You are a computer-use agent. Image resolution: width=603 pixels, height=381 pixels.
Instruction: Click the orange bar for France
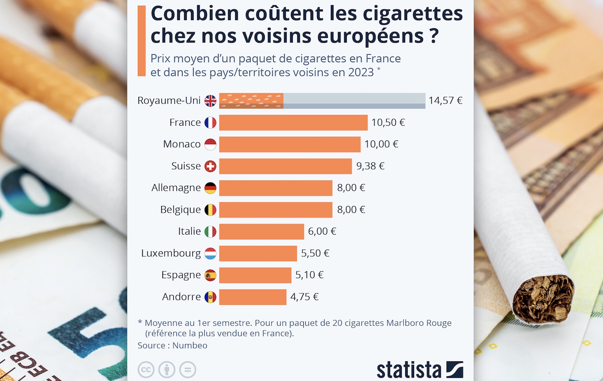(293, 122)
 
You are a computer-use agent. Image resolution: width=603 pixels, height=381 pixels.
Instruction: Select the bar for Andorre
(253, 297)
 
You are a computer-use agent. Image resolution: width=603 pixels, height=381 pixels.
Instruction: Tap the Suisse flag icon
(210, 166)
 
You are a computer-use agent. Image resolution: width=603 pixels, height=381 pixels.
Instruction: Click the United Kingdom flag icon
(210, 101)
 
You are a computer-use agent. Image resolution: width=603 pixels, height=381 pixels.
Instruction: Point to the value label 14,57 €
(445, 101)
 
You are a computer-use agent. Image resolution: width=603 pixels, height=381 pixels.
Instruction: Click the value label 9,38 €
(370, 166)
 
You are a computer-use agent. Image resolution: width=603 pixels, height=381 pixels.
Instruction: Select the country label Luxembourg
(171, 253)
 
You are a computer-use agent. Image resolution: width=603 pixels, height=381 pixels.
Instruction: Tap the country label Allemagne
(176, 188)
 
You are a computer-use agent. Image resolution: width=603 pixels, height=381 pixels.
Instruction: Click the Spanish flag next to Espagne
(210, 275)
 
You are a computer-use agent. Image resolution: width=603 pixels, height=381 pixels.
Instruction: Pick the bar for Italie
(261, 232)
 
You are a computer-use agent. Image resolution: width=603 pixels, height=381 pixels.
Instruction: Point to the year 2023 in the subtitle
(361, 72)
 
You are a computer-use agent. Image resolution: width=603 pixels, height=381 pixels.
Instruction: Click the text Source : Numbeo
(172, 345)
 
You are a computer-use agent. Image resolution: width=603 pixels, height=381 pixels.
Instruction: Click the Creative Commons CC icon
(146, 370)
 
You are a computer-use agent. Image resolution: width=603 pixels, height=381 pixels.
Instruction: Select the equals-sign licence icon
(188, 370)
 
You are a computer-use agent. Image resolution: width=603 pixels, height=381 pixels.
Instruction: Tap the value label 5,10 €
(309, 275)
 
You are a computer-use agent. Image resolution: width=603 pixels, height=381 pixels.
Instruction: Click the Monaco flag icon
(210, 144)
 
